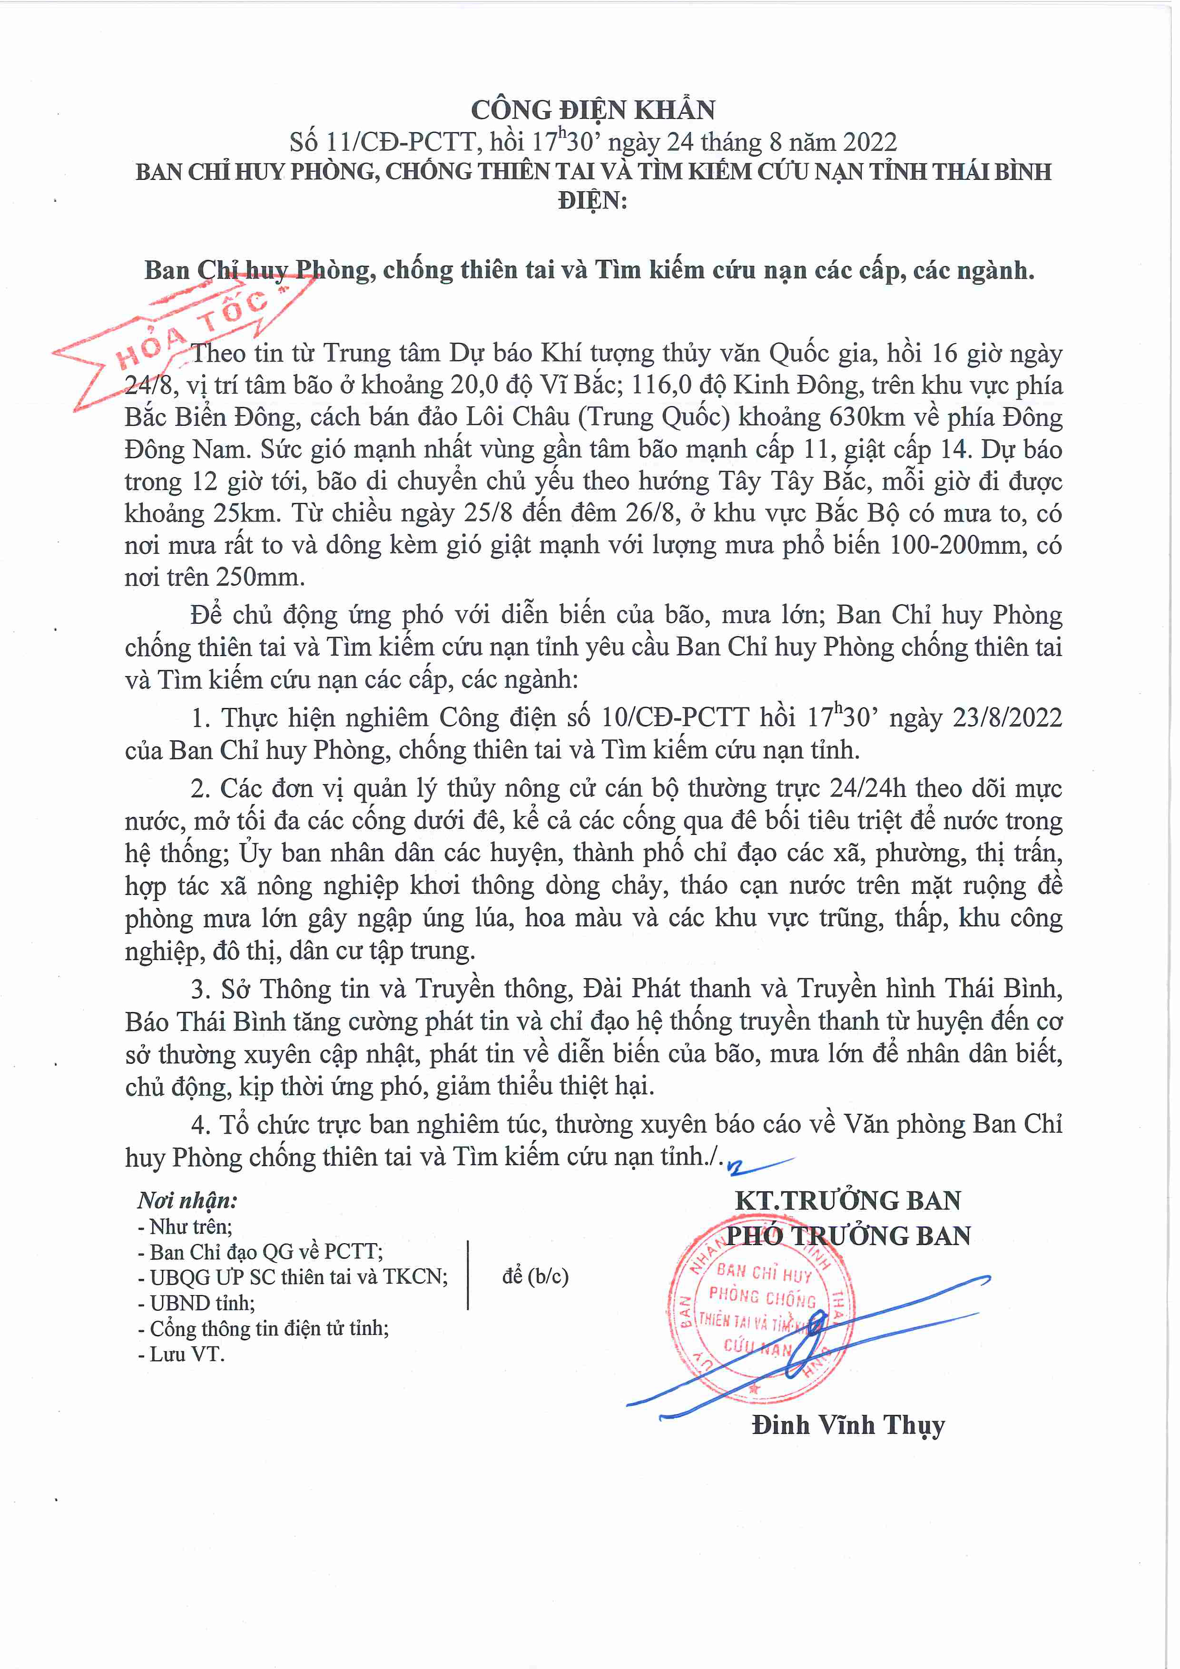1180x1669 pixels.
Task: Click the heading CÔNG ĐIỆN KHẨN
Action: pos(592,110)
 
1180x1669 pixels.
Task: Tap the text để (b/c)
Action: pos(535,1276)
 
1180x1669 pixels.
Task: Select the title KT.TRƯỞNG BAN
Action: pos(848,1200)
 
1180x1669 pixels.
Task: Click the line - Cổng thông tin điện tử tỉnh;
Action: pos(263,1328)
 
